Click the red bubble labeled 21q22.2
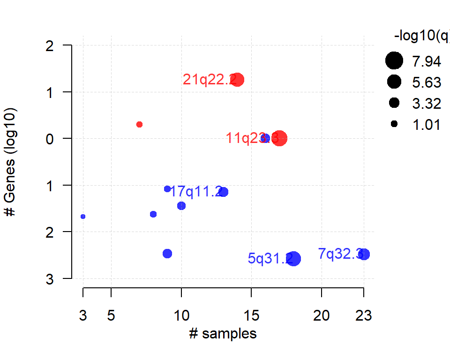point(238,80)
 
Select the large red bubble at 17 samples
point(279,138)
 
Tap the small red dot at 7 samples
point(139,124)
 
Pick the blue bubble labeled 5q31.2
point(294,258)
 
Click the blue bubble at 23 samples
point(364,254)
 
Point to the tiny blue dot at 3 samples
point(83,217)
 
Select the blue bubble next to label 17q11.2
point(224,192)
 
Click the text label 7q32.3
point(340,254)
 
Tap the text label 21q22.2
point(210,80)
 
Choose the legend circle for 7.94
point(394,61)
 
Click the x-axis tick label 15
point(252,316)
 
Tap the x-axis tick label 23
point(364,316)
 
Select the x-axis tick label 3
point(83,316)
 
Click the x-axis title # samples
point(223,334)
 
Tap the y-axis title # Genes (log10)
point(10,162)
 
